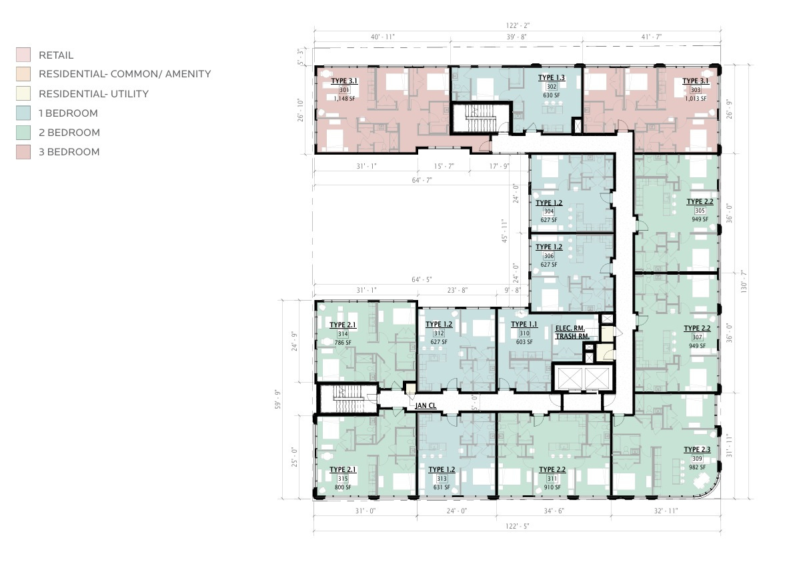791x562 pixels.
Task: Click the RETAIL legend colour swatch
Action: (x=23, y=55)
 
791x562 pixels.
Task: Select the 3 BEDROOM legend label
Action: (x=69, y=152)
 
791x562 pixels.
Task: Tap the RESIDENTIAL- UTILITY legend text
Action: (x=94, y=94)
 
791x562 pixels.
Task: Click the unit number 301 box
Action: (x=344, y=90)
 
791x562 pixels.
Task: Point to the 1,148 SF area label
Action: (x=344, y=99)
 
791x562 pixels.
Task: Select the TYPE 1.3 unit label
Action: (x=552, y=77)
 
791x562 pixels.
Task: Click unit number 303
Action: (x=696, y=90)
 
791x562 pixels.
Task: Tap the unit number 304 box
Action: (x=549, y=212)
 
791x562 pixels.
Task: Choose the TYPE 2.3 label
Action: (x=697, y=449)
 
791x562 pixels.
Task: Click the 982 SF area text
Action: (x=697, y=467)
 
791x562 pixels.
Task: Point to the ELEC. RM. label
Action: (x=570, y=328)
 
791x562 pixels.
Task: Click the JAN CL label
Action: (x=426, y=405)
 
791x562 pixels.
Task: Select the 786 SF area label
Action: (x=343, y=343)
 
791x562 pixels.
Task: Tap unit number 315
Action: (x=343, y=479)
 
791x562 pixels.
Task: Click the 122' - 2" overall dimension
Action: (x=518, y=26)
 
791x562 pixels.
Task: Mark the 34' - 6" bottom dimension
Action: (x=554, y=511)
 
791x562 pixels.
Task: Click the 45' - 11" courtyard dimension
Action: (x=504, y=231)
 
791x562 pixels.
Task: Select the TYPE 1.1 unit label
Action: (x=524, y=325)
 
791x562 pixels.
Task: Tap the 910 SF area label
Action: (x=552, y=487)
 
